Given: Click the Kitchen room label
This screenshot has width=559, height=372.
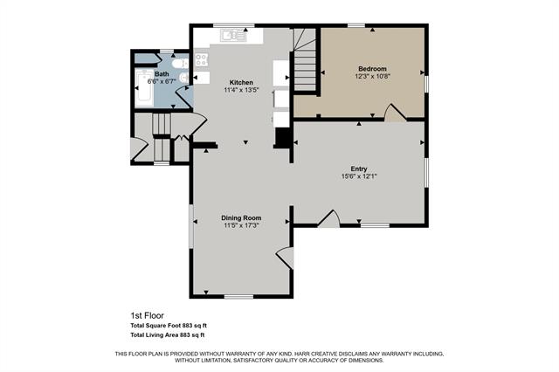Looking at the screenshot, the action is pyautogui.click(x=241, y=82).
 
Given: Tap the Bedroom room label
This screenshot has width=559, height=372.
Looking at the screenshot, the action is pyautogui.click(x=372, y=68).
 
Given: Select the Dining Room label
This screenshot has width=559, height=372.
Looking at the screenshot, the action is pyautogui.click(x=241, y=217).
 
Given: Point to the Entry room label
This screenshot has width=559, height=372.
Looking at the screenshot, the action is pyautogui.click(x=359, y=169).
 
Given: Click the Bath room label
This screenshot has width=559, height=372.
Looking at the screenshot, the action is pyautogui.click(x=162, y=73).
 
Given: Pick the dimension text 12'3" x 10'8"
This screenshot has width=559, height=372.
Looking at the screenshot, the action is pyautogui.click(x=373, y=76).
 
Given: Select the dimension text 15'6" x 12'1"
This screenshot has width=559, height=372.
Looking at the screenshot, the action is pyautogui.click(x=359, y=176).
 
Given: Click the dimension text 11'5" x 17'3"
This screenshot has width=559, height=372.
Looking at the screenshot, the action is pyautogui.click(x=241, y=225).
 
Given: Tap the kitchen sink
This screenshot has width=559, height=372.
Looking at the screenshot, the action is pyautogui.click(x=233, y=36).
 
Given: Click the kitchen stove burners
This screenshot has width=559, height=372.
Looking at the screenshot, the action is pyautogui.click(x=202, y=59).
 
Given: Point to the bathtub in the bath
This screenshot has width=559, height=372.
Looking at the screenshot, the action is pyautogui.click(x=144, y=88).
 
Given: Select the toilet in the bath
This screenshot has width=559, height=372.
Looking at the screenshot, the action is pyautogui.click(x=180, y=64).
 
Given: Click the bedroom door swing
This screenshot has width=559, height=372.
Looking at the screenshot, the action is pyautogui.click(x=395, y=113).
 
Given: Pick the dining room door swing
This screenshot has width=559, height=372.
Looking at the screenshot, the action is pyautogui.click(x=285, y=258).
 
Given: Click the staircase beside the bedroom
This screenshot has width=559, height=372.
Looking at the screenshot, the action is pyautogui.click(x=305, y=60).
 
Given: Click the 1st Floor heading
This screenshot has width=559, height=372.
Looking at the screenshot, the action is pyautogui.click(x=148, y=315).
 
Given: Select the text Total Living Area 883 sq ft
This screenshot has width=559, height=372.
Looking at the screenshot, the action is pyautogui.click(x=168, y=335).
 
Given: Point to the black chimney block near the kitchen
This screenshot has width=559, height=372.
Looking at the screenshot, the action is pyautogui.click(x=284, y=138).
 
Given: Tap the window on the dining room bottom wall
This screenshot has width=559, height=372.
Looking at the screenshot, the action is pyautogui.click(x=238, y=296).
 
